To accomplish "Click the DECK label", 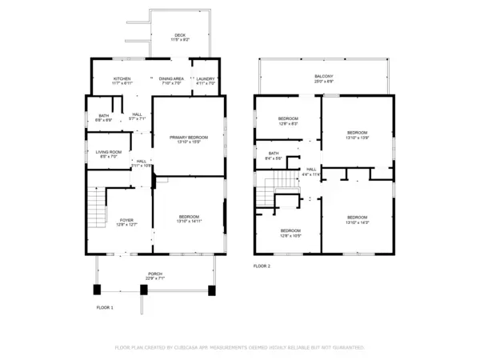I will tap(181, 34).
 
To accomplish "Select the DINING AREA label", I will tap(172, 78).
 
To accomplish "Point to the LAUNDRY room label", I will tap(206, 78).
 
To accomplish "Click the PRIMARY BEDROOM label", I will tap(189, 137).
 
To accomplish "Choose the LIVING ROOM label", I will tap(109, 152).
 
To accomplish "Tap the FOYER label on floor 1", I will tap(126, 220).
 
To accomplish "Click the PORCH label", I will tap(154, 274).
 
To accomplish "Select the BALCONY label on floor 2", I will tap(323, 76).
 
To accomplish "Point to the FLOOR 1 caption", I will tap(105, 307).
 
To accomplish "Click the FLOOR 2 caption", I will tap(262, 266).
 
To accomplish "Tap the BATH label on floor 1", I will tap(104, 115).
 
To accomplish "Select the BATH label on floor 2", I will tap(274, 154).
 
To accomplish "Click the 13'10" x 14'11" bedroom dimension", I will tap(189, 221).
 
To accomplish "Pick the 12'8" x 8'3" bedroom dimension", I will tap(288, 124).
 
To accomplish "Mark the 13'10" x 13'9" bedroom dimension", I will tap(357, 137).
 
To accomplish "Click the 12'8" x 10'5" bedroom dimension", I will tap(290, 236).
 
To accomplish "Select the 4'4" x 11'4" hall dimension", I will tap(311, 174).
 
